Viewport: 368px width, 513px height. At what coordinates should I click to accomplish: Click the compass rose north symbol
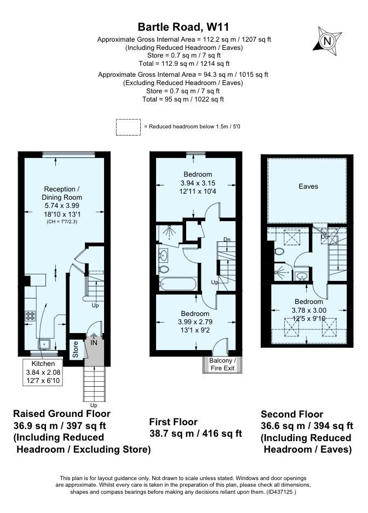327,41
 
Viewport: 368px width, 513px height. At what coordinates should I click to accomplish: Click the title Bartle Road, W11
183,26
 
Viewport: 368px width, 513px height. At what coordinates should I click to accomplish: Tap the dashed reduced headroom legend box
128,127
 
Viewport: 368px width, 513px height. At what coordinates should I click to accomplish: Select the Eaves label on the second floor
308,187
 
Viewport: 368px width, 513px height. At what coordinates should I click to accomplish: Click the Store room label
76,349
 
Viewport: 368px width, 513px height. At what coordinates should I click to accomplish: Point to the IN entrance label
94,342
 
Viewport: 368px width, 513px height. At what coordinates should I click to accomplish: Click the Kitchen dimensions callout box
43,373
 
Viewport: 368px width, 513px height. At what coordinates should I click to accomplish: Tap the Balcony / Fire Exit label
222,364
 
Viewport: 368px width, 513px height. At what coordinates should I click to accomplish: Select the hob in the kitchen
30,315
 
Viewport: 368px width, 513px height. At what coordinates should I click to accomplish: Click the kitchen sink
44,344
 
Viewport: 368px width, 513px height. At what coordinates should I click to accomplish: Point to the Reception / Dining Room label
62,193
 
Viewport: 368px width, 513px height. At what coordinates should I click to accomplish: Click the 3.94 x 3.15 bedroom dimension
198,183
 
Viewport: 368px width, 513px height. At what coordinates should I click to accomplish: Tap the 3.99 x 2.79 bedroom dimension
196,322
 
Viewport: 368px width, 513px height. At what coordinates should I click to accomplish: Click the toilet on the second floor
279,251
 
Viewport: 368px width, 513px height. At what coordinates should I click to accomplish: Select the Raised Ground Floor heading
62,414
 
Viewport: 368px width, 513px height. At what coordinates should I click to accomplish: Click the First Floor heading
174,422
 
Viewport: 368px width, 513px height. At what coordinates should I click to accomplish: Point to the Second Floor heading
292,414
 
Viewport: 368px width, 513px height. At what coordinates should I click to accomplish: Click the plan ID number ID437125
280,492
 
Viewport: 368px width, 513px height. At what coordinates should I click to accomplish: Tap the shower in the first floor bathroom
169,233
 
